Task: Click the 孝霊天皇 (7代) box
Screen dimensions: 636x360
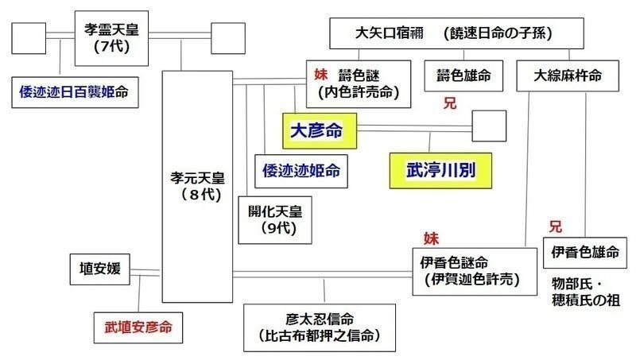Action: pyautogui.click(x=111, y=38)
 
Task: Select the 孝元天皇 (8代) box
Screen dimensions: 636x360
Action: pyautogui.click(x=197, y=187)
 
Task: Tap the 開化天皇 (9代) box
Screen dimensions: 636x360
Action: pyautogui.click(x=275, y=220)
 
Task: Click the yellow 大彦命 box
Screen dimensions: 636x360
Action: pyautogui.click(x=320, y=131)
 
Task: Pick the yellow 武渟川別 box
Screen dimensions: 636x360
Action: pyautogui.click(x=441, y=171)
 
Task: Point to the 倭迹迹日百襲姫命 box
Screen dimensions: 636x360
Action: pyautogui.click(x=75, y=92)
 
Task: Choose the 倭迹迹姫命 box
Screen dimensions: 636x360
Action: pyautogui.click(x=301, y=171)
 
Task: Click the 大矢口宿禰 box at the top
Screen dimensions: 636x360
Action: pyautogui.click(x=456, y=33)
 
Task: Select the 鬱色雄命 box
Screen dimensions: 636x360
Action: pyautogui.click(x=463, y=75)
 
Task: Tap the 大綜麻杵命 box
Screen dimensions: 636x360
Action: pyautogui.click(x=568, y=75)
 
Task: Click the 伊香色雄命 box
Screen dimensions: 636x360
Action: pyautogui.click(x=585, y=253)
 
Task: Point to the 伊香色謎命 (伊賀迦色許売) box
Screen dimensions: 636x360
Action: pyautogui.click(x=475, y=272)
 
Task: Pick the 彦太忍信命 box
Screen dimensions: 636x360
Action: pyautogui.click(x=320, y=327)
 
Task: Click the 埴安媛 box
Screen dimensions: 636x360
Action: pyautogui.click(x=100, y=269)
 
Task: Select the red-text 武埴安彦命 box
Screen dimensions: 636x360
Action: pyautogui.click(x=138, y=327)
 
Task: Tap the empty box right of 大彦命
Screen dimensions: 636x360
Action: pyautogui.click(x=489, y=126)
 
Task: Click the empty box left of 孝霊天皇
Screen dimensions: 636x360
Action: pyautogui.click(x=29, y=38)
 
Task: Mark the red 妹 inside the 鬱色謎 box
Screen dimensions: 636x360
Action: pyautogui.click(x=321, y=74)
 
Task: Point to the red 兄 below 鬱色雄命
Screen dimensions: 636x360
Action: pyautogui.click(x=450, y=103)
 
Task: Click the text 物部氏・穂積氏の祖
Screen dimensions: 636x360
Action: pyautogui.click(x=586, y=292)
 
